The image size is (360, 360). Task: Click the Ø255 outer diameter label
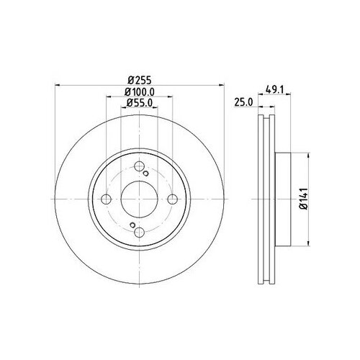138,80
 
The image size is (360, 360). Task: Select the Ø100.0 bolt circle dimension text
139,92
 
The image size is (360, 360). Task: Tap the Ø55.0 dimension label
139,103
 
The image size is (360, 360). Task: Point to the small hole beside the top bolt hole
145,174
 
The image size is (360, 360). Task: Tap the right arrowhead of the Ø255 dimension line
220,86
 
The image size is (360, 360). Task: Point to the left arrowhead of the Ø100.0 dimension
107,98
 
